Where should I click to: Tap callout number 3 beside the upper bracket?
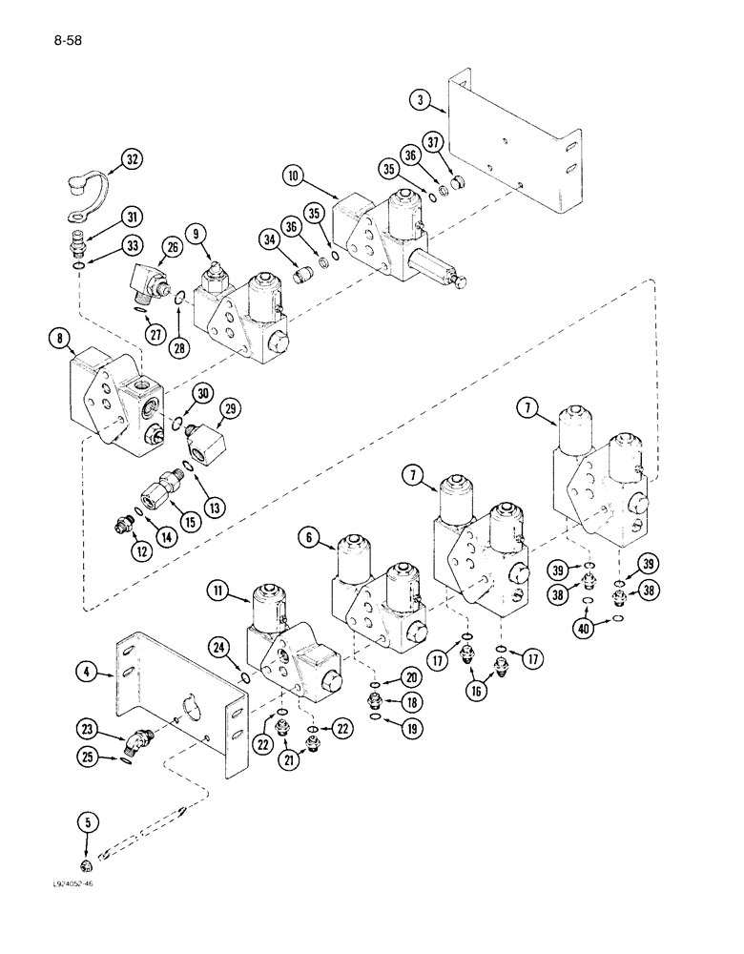[419, 97]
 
